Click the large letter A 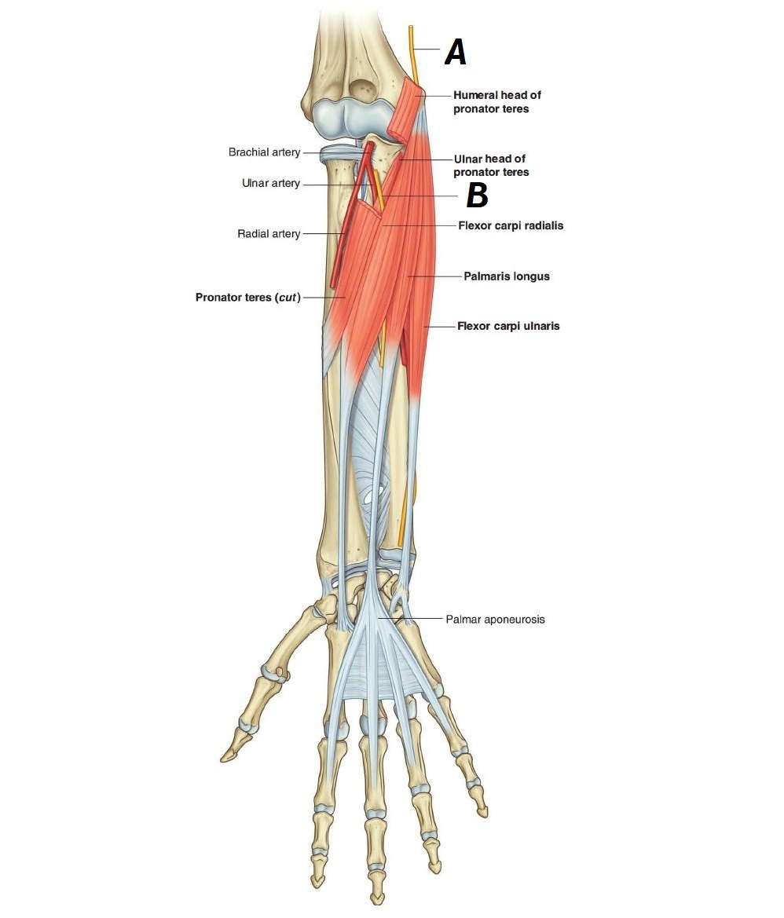pyautogui.click(x=455, y=53)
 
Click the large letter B pyautogui.click(x=477, y=196)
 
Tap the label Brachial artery pyautogui.click(x=264, y=152)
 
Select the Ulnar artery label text pyautogui.click(x=270, y=184)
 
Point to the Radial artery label pyautogui.click(x=268, y=234)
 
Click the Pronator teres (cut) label pyautogui.click(x=247, y=298)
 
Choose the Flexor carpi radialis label pyautogui.click(x=511, y=225)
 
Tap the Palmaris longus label pyautogui.click(x=506, y=276)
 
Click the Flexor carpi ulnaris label pyautogui.click(x=508, y=326)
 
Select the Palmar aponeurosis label pyautogui.click(x=495, y=620)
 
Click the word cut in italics pyautogui.click(x=283, y=298)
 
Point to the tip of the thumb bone pyautogui.click(x=225, y=757)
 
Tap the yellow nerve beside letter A pyautogui.click(x=411, y=51)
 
